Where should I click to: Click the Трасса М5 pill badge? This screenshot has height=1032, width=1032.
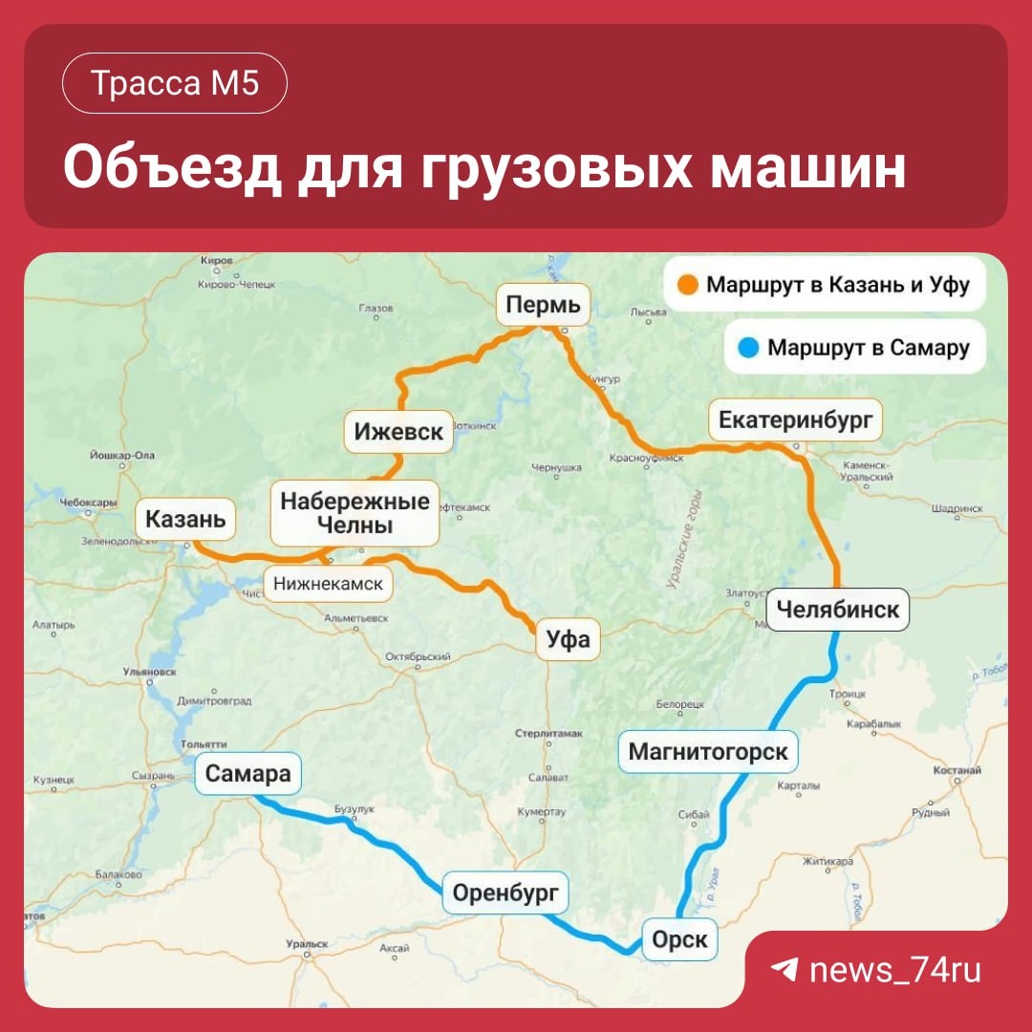click(x=175, y=84)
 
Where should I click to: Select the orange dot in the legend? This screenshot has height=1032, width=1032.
click(x=688, y=285)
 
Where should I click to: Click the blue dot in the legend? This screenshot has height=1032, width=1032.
click(x=748, y=348)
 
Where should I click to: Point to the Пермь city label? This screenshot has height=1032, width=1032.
click(x=543, y=306)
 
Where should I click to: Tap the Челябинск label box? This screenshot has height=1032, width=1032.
click(x=838, y=609)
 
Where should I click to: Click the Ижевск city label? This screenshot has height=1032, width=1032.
click(x=398, y=431)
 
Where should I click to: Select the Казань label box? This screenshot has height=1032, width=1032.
click(x=185, y=520)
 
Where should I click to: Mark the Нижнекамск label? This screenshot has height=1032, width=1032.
click(x=328, y=583)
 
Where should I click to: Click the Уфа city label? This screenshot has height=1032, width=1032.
click(x=569, y=639)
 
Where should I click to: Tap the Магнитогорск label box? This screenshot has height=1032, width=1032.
click(x=708, y=751)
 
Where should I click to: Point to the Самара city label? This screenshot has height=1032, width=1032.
click(x=247, y=773)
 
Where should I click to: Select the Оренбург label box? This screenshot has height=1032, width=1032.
click(x=505, y=894)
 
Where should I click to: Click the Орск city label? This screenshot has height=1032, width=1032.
click(x=679, y=939)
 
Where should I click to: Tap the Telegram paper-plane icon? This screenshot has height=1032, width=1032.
click(x=785, y=971)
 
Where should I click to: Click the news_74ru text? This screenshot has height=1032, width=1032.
click(x=894, y=971)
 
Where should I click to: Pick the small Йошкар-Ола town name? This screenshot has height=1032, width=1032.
click(x=120, y=456)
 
